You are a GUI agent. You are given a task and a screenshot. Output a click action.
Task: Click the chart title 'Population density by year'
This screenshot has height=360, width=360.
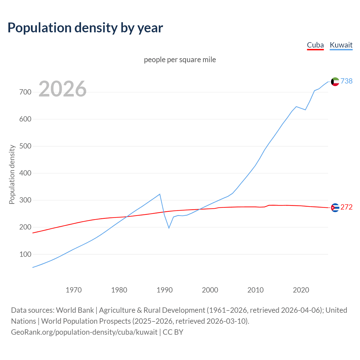(85, 28)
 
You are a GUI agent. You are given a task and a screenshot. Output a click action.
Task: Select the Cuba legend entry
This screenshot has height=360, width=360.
(315, 45)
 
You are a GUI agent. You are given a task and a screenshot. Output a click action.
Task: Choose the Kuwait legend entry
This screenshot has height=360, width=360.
(341, 45)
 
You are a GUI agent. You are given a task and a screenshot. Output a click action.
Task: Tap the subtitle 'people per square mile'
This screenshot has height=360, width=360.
(180, 60)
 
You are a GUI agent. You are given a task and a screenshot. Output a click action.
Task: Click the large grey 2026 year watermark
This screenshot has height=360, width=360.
(62, 89)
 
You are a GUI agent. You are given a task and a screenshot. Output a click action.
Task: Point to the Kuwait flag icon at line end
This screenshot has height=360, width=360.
(335, 82)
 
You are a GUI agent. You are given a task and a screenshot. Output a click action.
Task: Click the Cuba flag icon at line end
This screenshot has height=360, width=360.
(335, 208)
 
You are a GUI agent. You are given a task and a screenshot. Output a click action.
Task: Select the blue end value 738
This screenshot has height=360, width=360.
(346, 81)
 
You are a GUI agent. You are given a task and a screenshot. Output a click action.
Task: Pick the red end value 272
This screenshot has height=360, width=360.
(346, 207)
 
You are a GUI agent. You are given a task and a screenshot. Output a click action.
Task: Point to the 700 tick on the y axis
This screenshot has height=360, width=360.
(25, 92)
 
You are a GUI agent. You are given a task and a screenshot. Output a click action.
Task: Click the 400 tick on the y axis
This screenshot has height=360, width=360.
(25, 173)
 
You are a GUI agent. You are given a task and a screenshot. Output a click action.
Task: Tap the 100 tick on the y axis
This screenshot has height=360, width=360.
(25, 254)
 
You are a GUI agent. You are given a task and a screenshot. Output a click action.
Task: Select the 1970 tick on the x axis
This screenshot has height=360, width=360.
(74, 290)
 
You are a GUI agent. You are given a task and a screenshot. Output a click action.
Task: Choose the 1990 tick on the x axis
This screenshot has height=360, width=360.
(165, 290)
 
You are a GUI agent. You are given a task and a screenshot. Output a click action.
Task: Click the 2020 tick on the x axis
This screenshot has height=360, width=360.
(301, 290)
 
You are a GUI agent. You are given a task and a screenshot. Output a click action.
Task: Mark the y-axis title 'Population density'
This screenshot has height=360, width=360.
(12, 174)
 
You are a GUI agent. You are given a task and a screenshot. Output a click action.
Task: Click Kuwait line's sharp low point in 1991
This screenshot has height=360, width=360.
(169, 228)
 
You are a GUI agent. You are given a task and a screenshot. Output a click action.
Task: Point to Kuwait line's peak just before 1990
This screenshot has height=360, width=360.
(160, 194)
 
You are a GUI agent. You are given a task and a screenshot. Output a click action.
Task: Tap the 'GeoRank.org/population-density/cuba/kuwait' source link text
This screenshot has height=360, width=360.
(84, 332)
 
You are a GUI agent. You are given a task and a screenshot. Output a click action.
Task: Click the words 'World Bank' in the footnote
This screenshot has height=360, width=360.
(75, 310)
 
